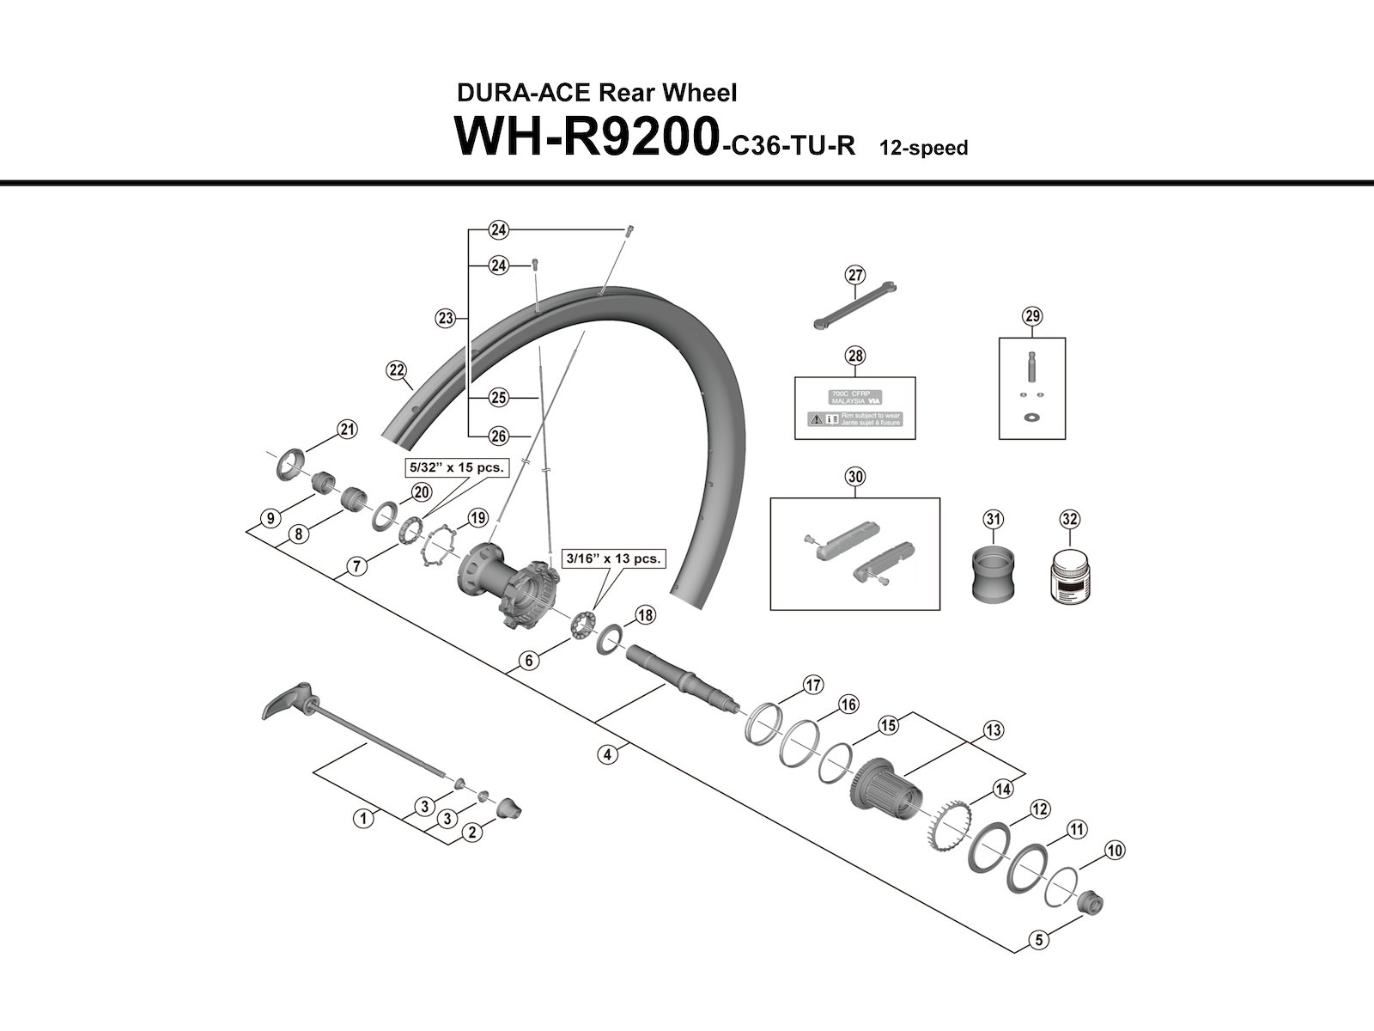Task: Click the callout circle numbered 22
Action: point(396,370)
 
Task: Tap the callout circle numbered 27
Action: point(854,275)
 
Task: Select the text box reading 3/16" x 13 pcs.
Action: point(611,558)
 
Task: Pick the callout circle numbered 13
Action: point(993,731)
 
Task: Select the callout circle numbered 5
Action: point(1039,940)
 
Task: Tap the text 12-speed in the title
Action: point(923,148)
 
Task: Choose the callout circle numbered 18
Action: point(645,615)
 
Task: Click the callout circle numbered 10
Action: point(1114,851)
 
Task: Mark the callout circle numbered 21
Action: point(346,430)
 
